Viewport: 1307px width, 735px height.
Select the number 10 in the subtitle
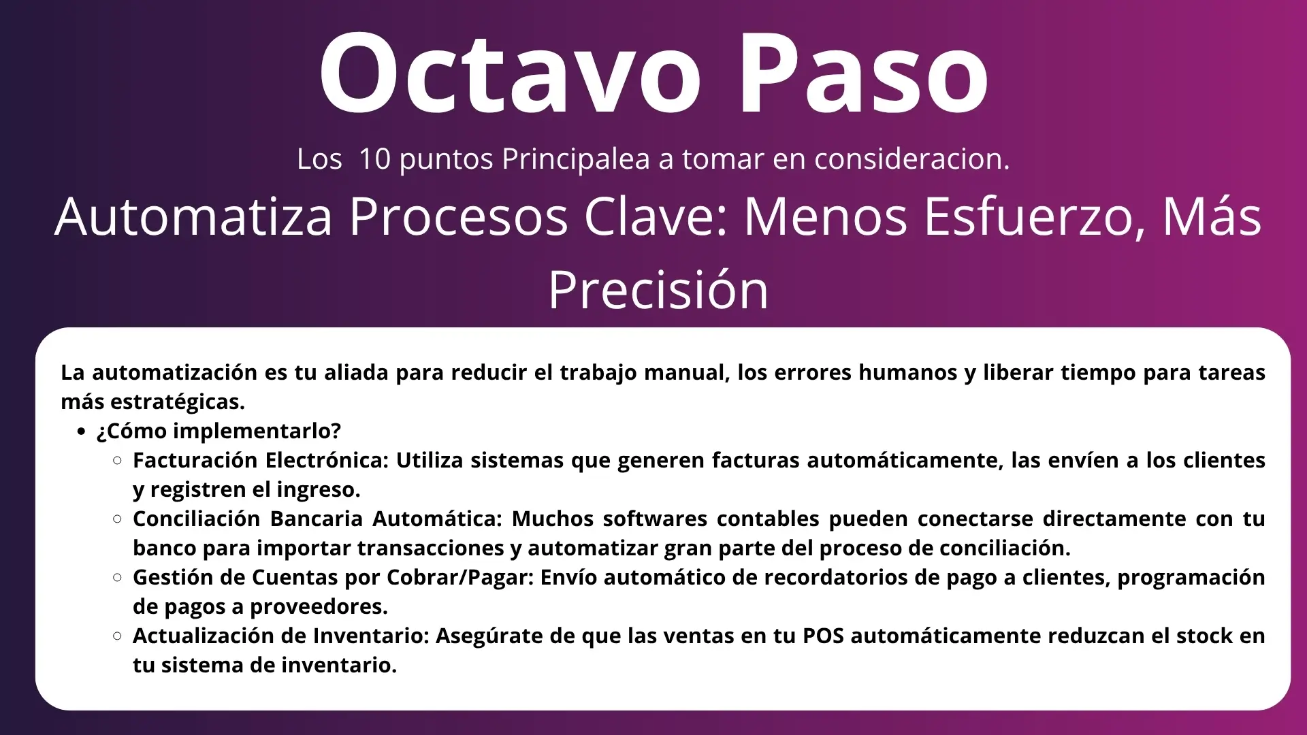coord(374,159)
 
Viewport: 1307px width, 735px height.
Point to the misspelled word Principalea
coord(576,159)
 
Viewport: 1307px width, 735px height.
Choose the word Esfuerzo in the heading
coord(1035,217)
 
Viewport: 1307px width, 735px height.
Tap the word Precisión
coord(658,290)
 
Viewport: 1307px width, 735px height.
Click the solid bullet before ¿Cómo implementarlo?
coord(82,431)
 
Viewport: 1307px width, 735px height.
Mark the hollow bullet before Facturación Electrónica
coord(117,461)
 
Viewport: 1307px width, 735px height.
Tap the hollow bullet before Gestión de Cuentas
coord(117,578)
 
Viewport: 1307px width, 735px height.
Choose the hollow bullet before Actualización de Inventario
coord(117,636)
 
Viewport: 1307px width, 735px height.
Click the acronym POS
coord(823,636)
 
